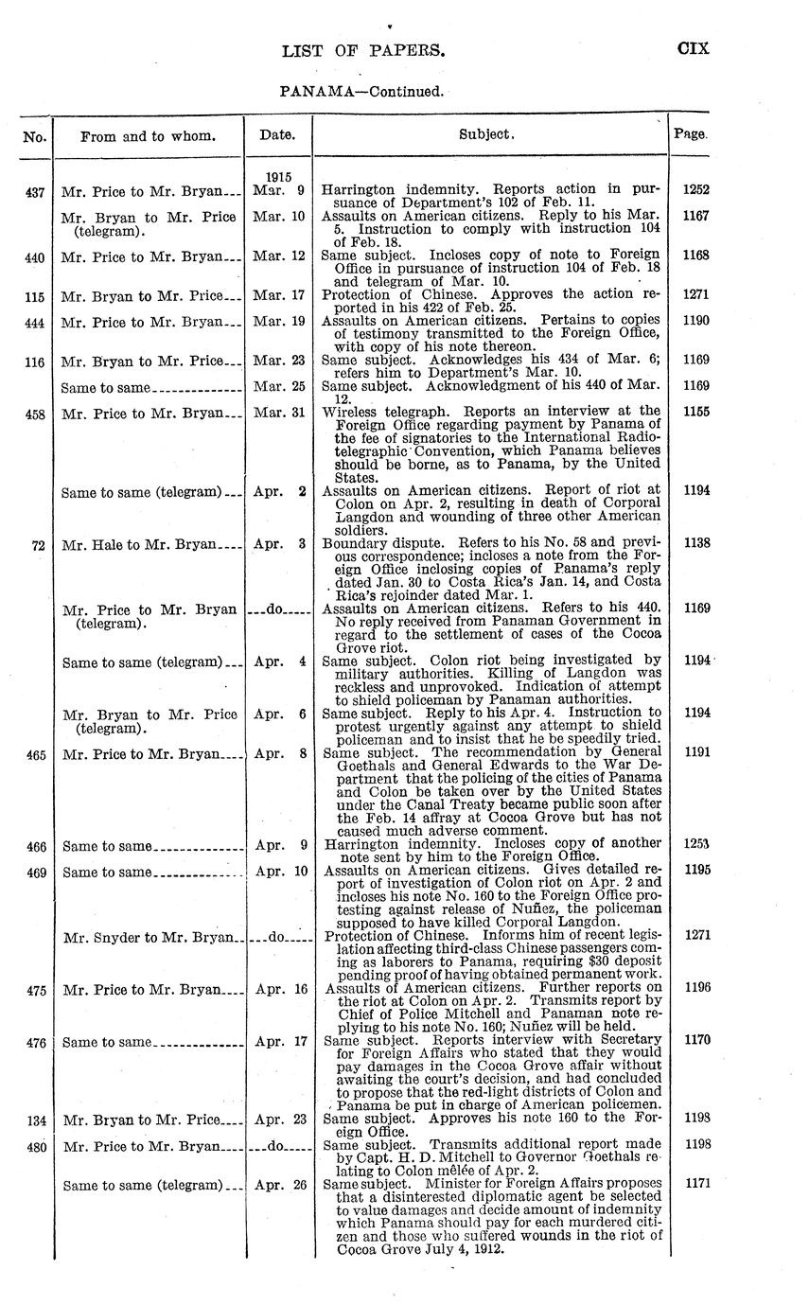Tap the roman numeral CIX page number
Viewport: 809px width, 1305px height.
693,49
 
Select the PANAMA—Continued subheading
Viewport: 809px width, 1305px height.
362,93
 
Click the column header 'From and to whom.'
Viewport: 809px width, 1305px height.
148,136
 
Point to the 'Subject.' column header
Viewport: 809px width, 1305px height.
487,135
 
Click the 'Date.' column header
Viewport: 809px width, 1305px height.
277,135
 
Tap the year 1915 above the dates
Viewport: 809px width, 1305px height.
277,176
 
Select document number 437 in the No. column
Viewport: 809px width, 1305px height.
35,190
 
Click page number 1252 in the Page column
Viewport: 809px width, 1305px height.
695,189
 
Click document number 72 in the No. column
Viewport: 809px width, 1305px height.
39,545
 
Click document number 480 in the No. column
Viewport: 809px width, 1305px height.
35,1145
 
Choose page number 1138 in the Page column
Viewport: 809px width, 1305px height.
695,544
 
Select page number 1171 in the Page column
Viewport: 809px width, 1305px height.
695,1183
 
